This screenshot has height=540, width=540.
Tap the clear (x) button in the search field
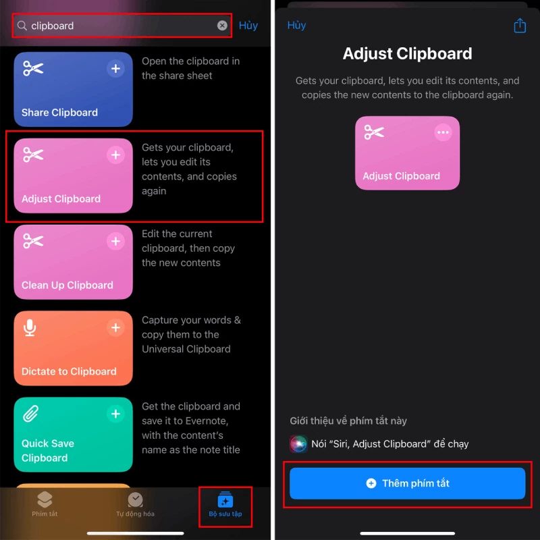click(222, 26)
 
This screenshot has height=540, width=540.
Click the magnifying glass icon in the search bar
click(22, 26)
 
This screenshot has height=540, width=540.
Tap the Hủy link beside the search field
click(248, 26)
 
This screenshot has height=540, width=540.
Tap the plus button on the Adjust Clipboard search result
click(116, 155)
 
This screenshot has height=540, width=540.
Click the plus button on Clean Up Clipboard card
click(116, 242)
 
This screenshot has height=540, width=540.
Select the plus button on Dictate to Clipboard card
click(116, 328)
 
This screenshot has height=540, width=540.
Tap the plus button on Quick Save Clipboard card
click(116, 414)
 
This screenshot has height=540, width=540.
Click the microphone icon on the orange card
click(30, 328)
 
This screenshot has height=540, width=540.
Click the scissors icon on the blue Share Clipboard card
click(32, 69)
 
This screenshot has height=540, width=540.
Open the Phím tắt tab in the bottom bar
click(45, 504)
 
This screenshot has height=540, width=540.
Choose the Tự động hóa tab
click(135, 504)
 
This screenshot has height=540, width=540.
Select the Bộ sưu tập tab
click(225, 504)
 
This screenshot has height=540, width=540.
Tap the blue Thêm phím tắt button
click(408, 483)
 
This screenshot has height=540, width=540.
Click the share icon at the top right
click(520, 26)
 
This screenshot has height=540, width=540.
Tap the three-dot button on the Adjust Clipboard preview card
click(443, 132)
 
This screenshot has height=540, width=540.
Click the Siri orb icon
click(298, 443)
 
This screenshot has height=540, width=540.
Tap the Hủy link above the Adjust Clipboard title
click(296, 26)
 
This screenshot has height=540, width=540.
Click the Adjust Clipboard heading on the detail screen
click(407, 54)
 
